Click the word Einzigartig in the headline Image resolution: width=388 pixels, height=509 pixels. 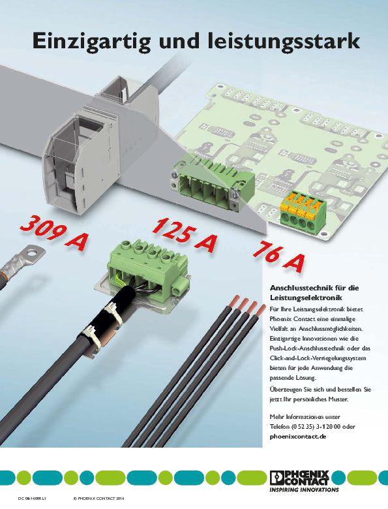91,42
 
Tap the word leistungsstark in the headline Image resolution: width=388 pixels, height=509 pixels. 283,41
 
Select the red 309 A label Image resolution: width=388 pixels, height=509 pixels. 54,233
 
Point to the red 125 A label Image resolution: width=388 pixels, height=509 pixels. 185,235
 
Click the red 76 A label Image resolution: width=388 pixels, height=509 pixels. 279,257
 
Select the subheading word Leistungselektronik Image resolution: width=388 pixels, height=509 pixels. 306,298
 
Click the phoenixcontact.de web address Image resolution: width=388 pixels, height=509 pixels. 298,437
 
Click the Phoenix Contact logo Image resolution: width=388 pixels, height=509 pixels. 299,478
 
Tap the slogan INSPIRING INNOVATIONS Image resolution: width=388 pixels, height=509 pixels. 304,489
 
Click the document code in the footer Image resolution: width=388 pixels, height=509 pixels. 32,499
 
